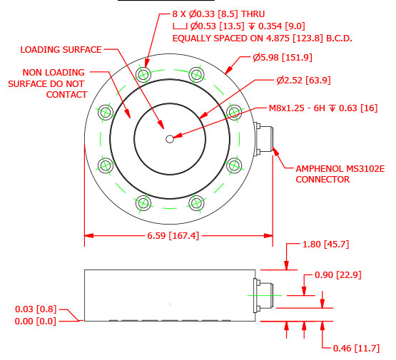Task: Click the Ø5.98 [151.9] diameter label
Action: click(282, 58)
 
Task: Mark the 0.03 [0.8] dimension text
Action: click(36, 309)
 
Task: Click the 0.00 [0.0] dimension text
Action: click(36, 321)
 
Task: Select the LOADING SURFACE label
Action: click(61, 50)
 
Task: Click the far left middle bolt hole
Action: click(106, 112)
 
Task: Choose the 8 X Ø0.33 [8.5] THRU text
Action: click(217, 14)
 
